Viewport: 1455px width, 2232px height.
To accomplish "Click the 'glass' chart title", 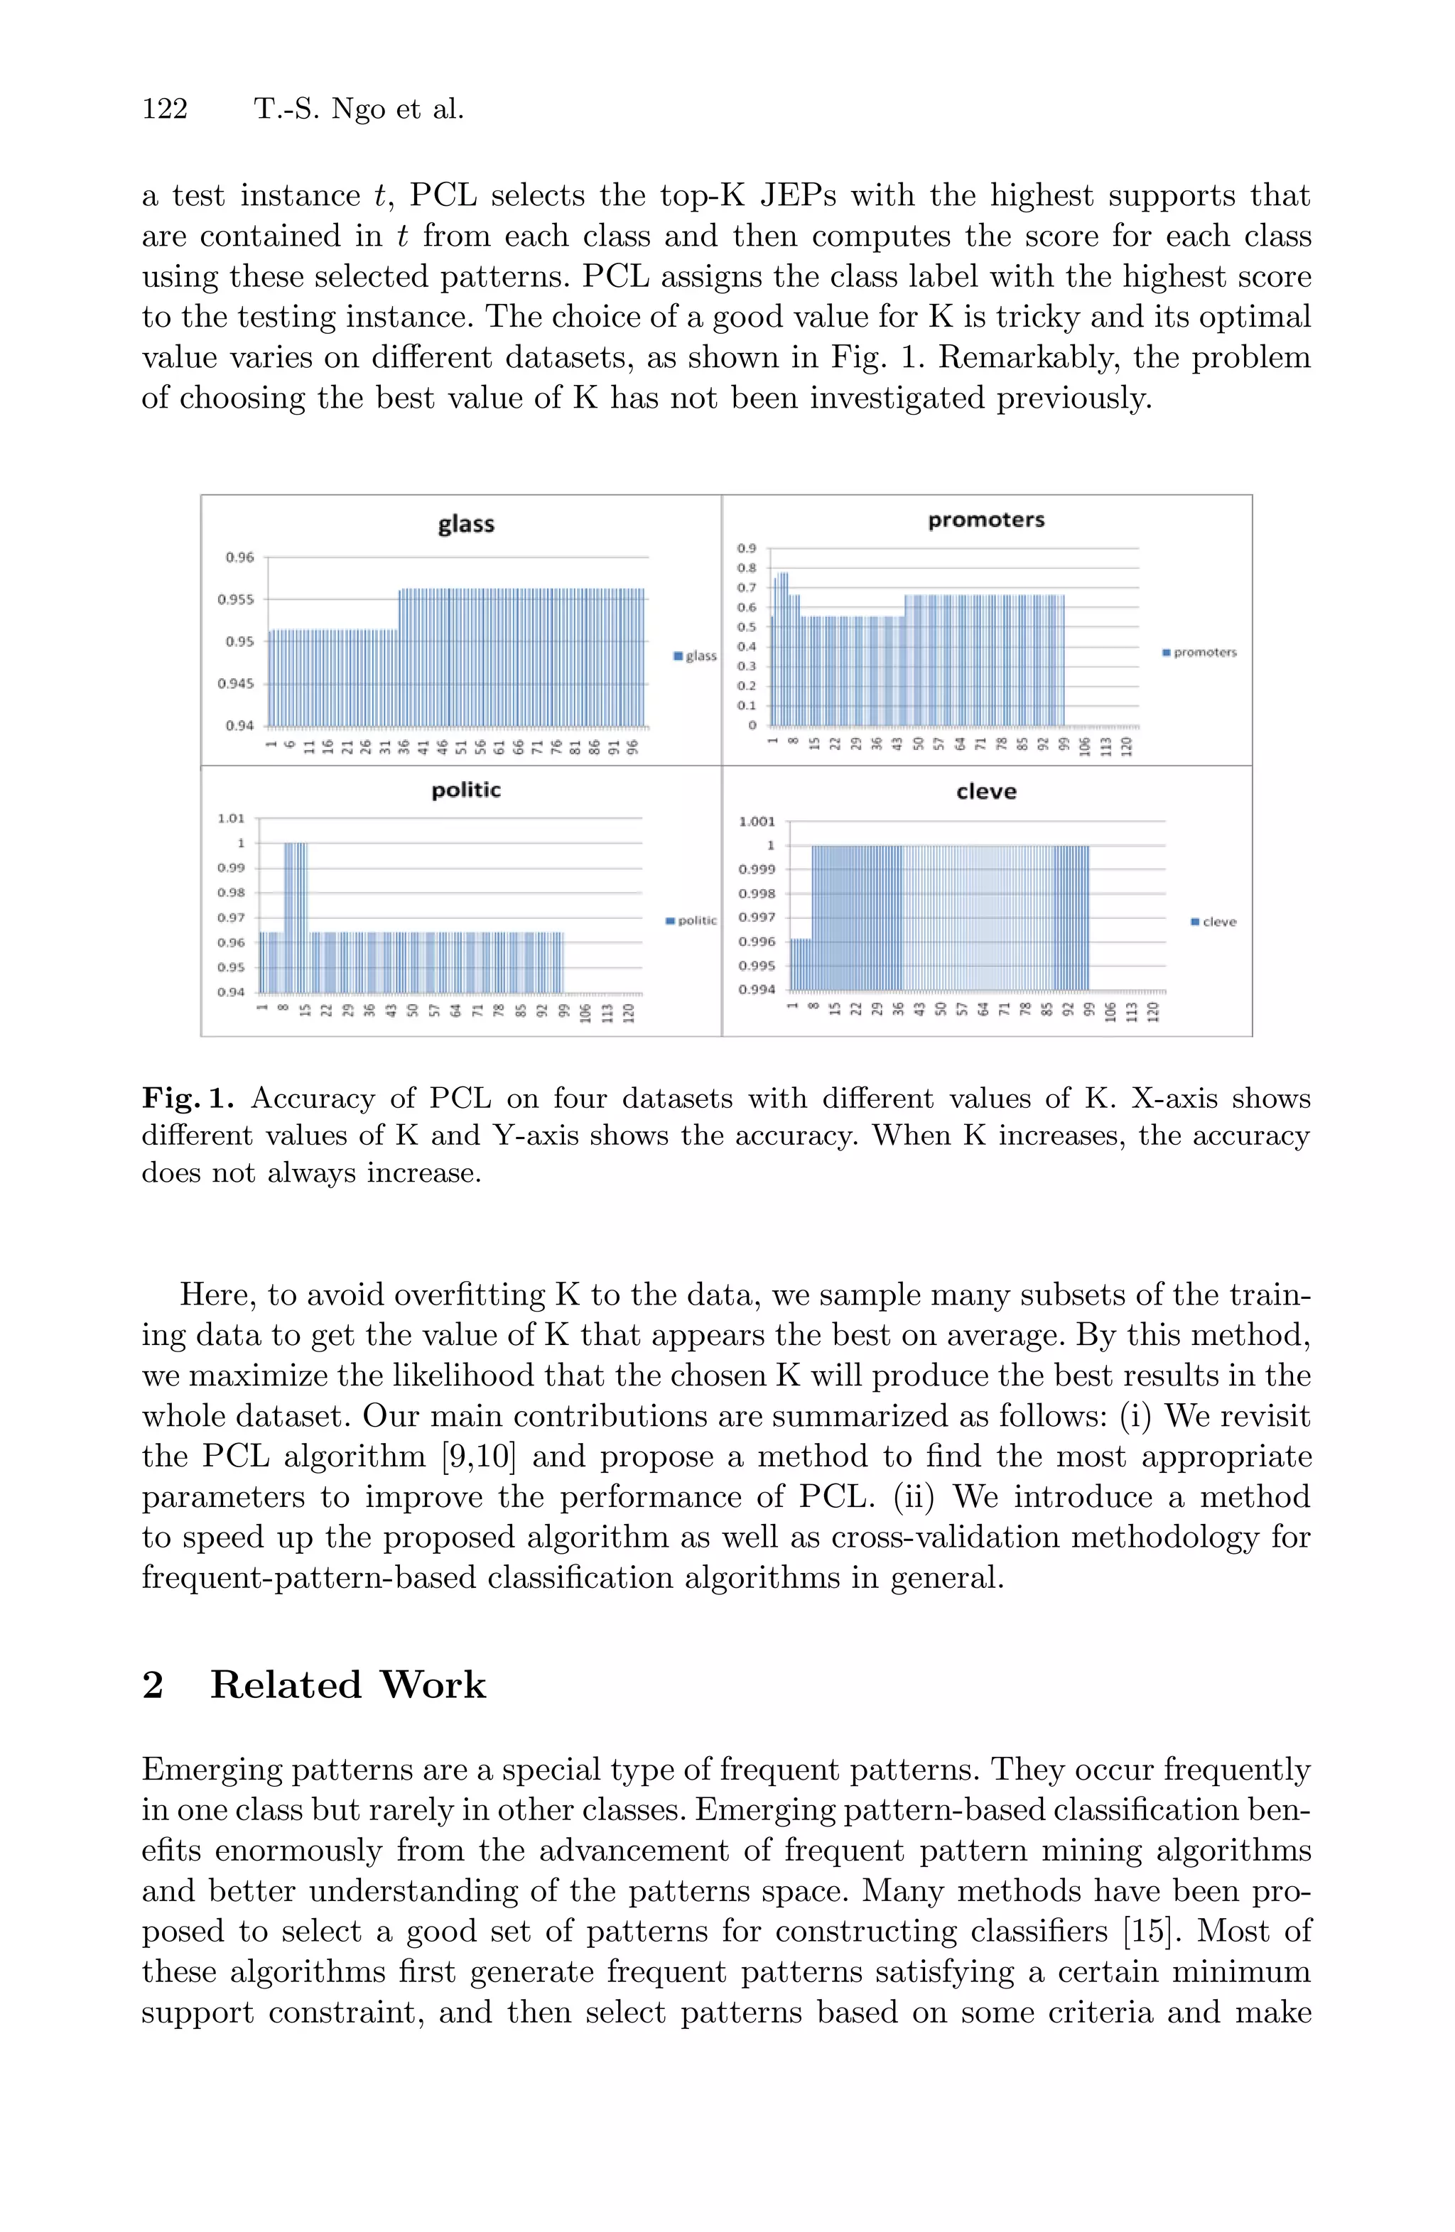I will (x=466, y=524).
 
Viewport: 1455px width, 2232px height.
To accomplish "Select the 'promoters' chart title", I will (x=986, y=521).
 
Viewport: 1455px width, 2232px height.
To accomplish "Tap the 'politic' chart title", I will (x=466, y=790).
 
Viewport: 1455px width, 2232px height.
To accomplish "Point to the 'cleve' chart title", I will (x=986, y=792).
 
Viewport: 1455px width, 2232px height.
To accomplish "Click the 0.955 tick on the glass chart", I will (x=235, y=599).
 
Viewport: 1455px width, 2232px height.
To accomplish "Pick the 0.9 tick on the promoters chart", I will (x=747, y=548).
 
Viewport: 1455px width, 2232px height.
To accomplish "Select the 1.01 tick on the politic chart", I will (x=231, y=818).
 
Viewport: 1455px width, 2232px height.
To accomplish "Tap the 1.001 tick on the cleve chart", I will (x=757, y=822).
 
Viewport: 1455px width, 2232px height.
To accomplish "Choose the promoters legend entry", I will (x=1200, y=652).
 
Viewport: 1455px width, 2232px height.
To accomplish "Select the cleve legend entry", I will (x=1214, y=922).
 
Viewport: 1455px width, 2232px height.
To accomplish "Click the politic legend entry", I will (x=691, y=921).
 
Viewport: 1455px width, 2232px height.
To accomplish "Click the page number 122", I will (x=165, y=110).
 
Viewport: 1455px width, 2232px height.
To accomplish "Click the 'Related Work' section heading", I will (x=347, y=1685).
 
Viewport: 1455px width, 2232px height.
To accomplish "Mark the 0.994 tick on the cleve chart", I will (x=757, y=989).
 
